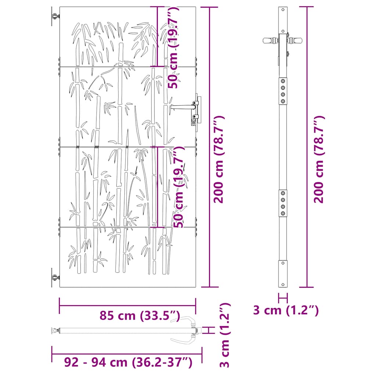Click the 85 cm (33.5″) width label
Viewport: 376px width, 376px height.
140,315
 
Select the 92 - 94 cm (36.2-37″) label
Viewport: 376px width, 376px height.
128,362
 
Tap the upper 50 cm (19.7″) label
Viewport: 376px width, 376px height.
173,48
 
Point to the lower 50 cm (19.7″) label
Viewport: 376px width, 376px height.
179,187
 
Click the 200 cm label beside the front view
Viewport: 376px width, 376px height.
219,159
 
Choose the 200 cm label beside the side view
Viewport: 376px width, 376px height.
319,159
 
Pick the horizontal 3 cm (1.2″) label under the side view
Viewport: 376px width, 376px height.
286,310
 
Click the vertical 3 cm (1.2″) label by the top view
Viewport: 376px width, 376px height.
225,335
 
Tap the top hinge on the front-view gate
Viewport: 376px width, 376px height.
55,16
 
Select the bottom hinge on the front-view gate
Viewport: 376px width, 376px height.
55,278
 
